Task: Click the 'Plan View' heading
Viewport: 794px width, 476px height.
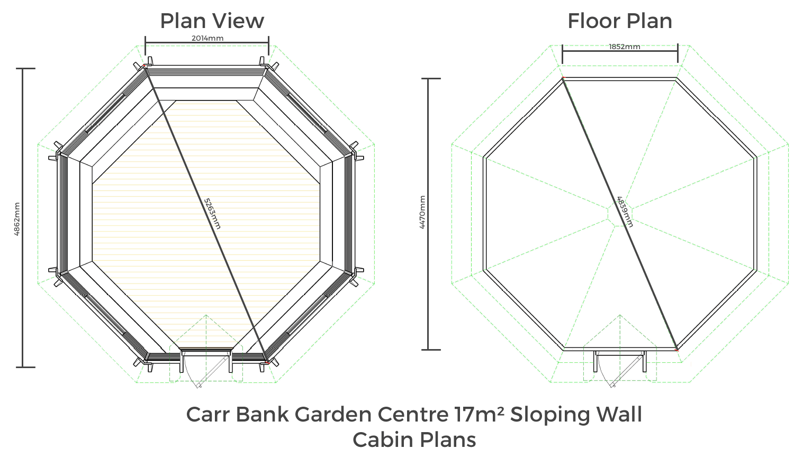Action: tap(212, 21)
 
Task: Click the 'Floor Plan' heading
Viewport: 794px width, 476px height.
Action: tap(620, 21)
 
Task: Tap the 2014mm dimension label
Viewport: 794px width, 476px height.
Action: tap(207, 38)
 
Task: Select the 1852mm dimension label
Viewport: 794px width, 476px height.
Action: tap(625, 47)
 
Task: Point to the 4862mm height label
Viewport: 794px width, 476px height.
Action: tap(16, 219)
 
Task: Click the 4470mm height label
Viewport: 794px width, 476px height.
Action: tap(422, 212)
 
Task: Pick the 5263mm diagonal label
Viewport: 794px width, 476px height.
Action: tap(212, 214)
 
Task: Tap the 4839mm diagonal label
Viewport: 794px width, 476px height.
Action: tap(625, 212)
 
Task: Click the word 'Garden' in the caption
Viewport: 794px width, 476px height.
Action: tap(333, 414)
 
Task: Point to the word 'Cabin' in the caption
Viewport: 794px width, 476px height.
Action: tap(383, 440)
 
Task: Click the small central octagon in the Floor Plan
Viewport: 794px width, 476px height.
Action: tap(620, 214)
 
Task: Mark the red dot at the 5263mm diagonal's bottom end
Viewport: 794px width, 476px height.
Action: tap(267, 363)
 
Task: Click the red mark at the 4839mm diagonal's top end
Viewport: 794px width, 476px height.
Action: tap(563, 78)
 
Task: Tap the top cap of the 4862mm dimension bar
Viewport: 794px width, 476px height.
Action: tap(25, 68)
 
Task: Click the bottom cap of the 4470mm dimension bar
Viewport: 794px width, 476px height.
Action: tap(431, 350)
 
